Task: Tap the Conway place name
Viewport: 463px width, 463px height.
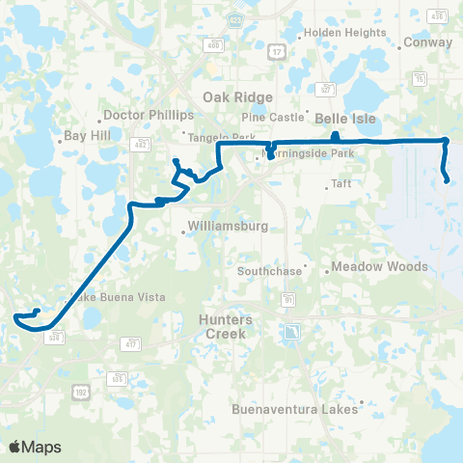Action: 428,42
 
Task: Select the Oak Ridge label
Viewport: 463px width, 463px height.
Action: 237,96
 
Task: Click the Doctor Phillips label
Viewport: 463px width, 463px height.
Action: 142,114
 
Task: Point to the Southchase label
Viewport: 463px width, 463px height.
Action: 269,271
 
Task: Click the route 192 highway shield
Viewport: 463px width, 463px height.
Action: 84,388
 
